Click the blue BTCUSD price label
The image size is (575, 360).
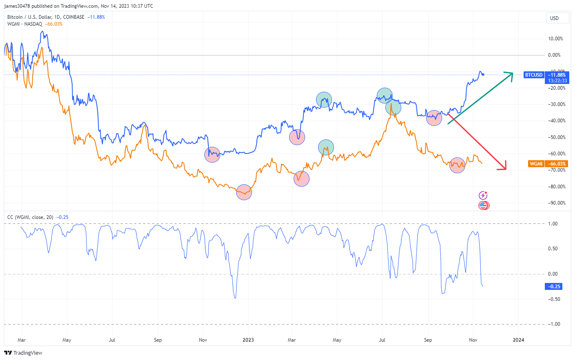coord(534,75)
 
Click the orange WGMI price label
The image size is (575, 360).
coord(536,163)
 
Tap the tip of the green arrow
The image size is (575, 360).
coord(512,73)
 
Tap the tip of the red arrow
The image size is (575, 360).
coord(505,169)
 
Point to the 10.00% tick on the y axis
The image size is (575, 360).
coord(555,39)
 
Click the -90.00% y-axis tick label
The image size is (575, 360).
coord(556,203)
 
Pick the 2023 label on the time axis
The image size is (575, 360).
coord(248,340)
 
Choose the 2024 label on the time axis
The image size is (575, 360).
coord(518,340)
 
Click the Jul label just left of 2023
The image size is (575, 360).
coord(112,340)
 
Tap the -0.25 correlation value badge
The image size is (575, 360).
coord(553,287)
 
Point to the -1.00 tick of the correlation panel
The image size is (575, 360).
coord(553,324)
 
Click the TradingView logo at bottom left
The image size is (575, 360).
coord(23,353)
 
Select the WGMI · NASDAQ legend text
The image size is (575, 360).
coord(24,24)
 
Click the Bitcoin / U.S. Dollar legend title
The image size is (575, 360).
coord(46,17)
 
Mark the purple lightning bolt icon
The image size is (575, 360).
coord(483,195)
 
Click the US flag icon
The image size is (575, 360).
coord(483,205)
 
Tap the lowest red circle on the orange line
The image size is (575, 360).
coord(244,192)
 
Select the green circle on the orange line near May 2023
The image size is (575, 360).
coord(326,147)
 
